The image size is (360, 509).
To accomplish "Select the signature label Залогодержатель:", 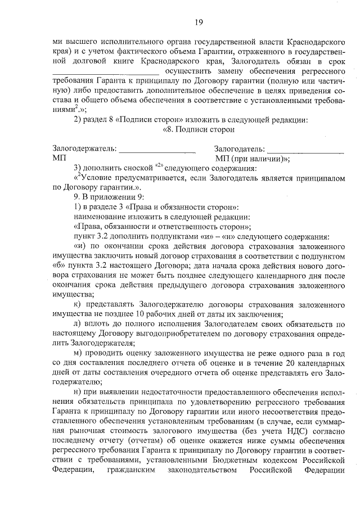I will [84, 148].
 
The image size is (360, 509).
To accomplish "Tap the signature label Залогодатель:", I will [239, 148].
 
